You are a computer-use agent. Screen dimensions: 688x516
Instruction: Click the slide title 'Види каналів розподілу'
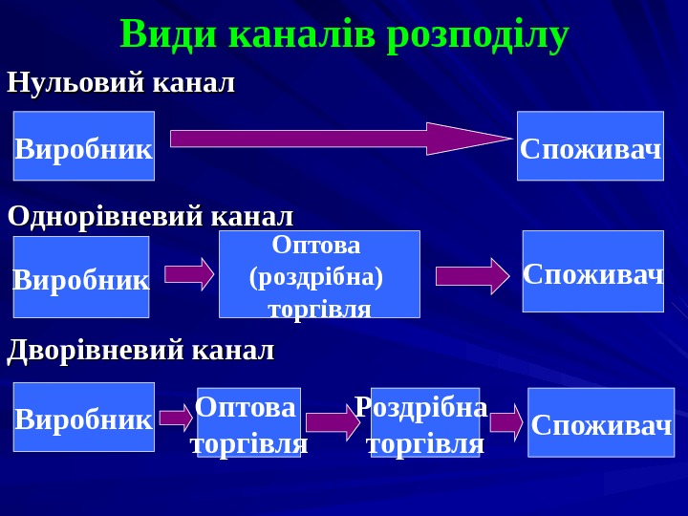coord(344,34)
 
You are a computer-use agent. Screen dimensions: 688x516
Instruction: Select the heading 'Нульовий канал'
coord(120,83)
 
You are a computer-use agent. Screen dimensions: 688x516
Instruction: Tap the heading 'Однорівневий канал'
coord(150,216)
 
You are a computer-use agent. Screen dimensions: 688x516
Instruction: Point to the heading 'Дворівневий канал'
coord(140,351)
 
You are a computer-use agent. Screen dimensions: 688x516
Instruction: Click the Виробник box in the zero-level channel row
coord(84,146)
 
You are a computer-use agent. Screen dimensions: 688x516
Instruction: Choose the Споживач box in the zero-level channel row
coord(591,146)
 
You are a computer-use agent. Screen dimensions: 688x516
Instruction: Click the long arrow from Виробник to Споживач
coord(339,139)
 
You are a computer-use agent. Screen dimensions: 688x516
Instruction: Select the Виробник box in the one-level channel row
coord(81,277)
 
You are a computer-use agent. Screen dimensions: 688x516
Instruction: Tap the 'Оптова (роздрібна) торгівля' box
coord(319,274)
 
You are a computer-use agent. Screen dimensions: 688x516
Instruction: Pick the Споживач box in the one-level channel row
coord(592,271)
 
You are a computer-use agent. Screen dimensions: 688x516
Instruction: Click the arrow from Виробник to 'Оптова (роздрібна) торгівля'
coord(189,274)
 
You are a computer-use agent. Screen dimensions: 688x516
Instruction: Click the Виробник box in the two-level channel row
coord(84,417)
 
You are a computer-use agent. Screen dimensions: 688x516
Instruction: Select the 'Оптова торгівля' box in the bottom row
coord(248,422)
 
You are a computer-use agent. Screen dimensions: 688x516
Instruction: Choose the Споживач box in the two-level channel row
coord(601,422)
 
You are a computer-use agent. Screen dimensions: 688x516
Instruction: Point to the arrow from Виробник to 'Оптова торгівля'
coord(176,418)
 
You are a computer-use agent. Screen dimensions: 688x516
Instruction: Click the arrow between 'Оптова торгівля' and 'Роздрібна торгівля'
coord(333,421)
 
